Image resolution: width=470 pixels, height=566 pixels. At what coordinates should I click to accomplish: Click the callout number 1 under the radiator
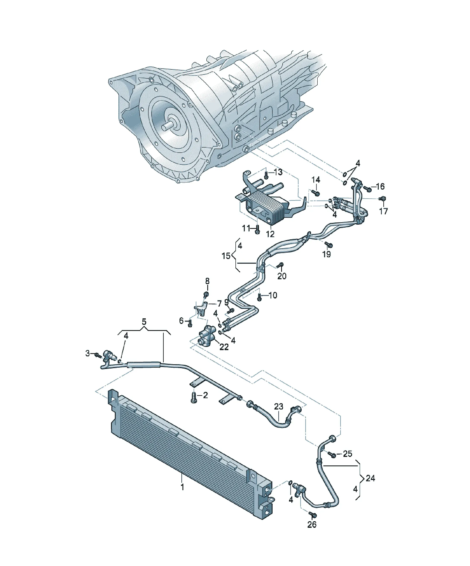182,487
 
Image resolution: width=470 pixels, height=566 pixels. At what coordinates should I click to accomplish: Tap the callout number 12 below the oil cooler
270,234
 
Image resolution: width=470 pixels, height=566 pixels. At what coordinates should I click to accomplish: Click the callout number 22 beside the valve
224,347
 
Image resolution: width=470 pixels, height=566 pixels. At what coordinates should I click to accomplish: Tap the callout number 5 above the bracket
144,322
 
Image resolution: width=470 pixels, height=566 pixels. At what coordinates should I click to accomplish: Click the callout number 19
327,254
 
